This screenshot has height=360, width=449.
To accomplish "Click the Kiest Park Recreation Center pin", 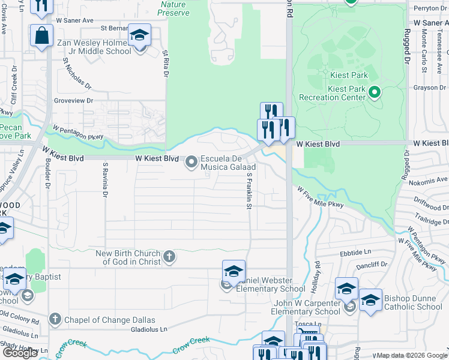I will coord(375,92).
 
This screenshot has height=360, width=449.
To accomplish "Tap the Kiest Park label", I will coord(349,75).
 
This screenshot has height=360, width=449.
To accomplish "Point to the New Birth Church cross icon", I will coord(169,257).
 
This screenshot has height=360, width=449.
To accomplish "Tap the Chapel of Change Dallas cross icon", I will coord(55,319).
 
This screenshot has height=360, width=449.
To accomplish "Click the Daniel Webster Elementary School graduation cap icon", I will coord(234,271).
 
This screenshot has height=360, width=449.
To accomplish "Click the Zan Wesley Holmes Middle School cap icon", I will coord(139,35).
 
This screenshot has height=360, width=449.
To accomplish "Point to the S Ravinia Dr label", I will coord(105,179).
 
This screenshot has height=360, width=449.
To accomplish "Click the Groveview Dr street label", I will coord(73,101).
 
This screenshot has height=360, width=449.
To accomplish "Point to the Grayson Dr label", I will coord(429,88).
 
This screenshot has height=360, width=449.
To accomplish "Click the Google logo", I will coord(20,353).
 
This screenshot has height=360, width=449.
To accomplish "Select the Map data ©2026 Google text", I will coord(412,355).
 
